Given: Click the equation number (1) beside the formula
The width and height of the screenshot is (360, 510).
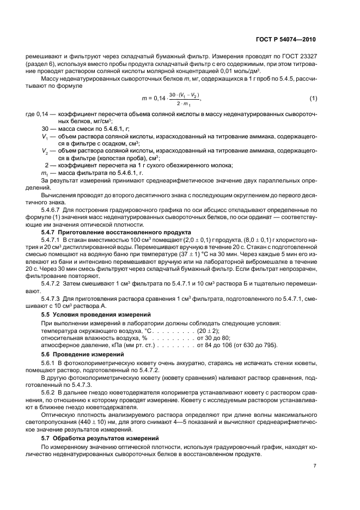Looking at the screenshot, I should click(313, 98).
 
